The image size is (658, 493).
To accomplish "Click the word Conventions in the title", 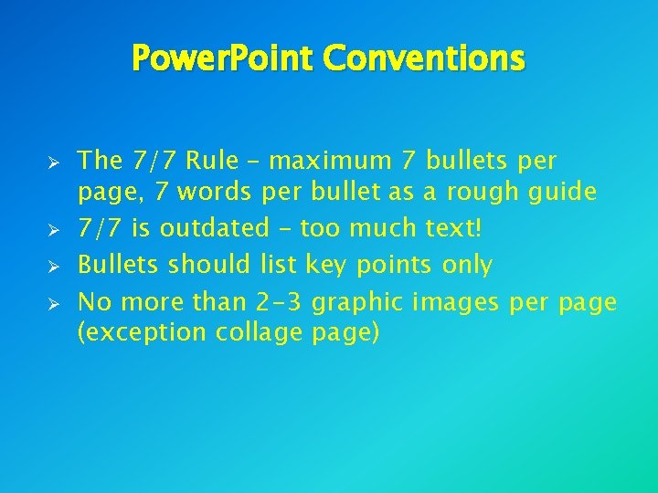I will tap(425, 58).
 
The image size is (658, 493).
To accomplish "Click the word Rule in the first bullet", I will tap(212, 162).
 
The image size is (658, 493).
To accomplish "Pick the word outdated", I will tap(211, 227).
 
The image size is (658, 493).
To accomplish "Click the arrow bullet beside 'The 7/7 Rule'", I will tap(54, 163).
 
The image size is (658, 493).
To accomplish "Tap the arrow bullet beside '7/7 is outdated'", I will tap(54, 228).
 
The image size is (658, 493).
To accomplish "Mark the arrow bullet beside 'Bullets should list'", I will tap(54, 267).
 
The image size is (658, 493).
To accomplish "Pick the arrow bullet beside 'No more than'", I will tap(54, 303).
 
